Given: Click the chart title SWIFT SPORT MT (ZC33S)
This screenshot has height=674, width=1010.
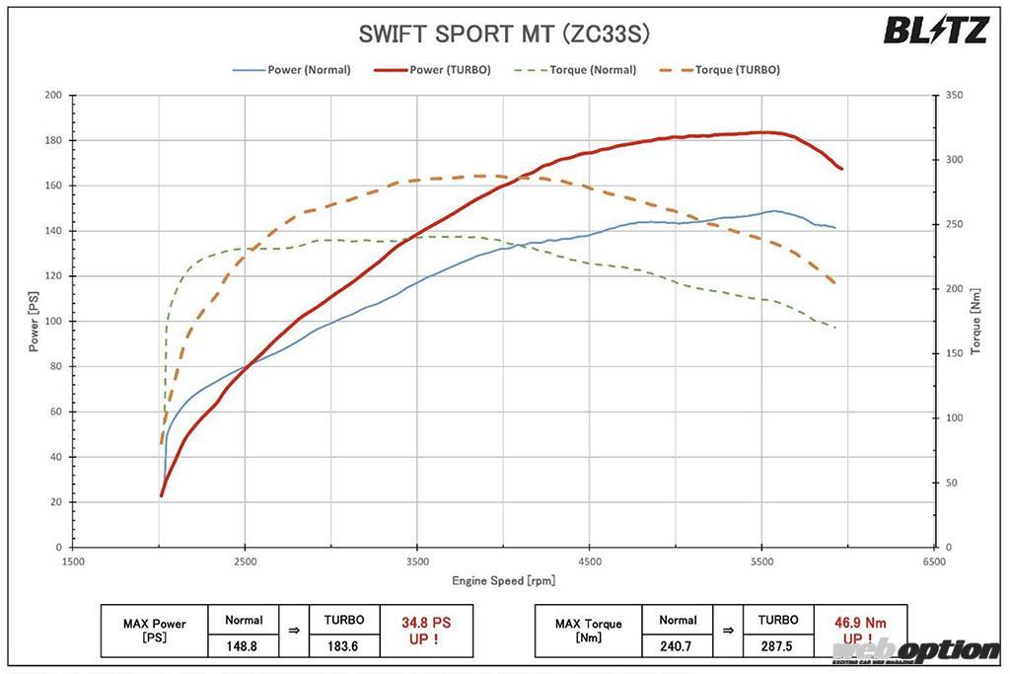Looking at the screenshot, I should tap(504, 35).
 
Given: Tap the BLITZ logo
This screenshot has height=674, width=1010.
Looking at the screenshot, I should tap(935, 31).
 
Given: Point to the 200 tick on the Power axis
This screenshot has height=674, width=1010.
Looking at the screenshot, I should tap(53, 96).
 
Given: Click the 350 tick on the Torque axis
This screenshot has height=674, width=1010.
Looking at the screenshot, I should tap(953, 96).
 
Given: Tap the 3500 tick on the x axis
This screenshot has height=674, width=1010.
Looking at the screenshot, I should tap(417, 562).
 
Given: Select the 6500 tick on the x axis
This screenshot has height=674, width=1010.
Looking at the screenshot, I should tap(934, 562).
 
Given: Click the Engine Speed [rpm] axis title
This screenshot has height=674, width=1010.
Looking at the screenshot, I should tap(503, 581).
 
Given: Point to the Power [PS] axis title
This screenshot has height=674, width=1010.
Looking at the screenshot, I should tap(34, 321).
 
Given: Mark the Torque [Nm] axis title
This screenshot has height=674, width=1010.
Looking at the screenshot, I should tap(975, 321).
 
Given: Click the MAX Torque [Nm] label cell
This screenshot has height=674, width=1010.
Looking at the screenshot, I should tap(588, 631).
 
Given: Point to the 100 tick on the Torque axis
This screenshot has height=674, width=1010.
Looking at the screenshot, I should tap(953, 418).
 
